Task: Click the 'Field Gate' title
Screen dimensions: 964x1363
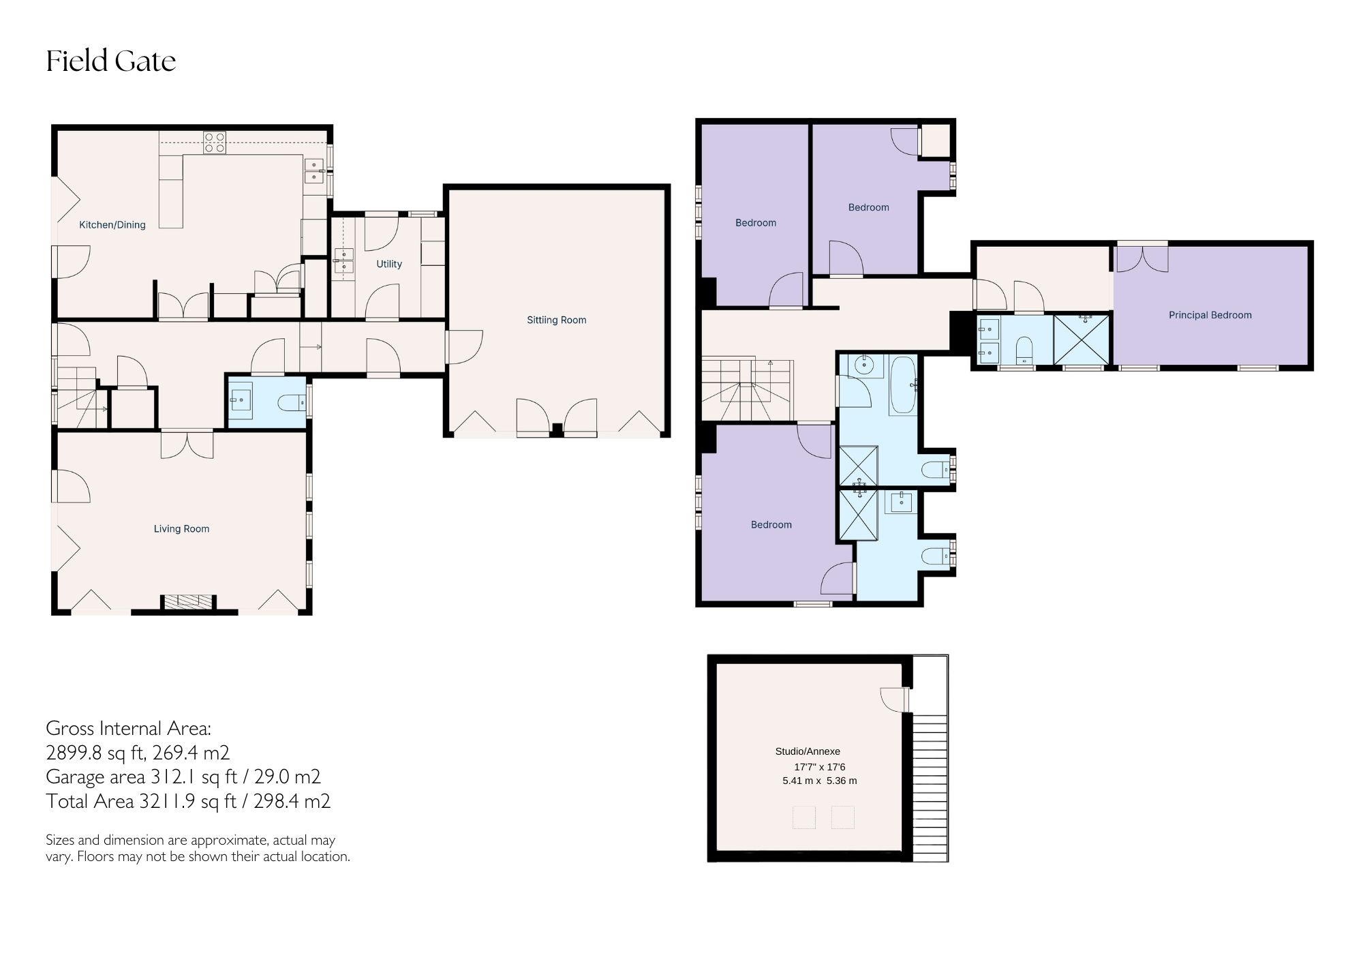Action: (x=111, y=61)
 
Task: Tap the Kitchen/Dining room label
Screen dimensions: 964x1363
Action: (x=112, y=225)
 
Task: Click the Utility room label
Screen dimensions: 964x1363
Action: (x=389, y=264)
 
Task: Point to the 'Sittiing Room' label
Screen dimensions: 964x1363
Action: (x=556, y=320)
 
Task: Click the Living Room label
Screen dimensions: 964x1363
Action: (x=181, y=528)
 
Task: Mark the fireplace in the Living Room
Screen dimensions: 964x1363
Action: (x=188, y=601)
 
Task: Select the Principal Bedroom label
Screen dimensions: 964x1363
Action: (x=1210, y=315)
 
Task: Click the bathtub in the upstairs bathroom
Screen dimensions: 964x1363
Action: (x=902, y=385)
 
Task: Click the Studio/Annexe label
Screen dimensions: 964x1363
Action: (x=808, y=751)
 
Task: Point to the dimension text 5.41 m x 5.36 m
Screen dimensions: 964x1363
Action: (x=819, y=781)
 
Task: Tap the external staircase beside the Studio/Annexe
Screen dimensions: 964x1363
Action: (x=930, y=784)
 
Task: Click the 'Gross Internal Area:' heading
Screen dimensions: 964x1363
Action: (x=129, y=728)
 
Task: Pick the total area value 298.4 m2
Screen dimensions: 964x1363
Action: (x=292, y=801)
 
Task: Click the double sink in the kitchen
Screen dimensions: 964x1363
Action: (x=314, y=170)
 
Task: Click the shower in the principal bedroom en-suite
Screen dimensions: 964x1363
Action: (x=1082, y=340)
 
